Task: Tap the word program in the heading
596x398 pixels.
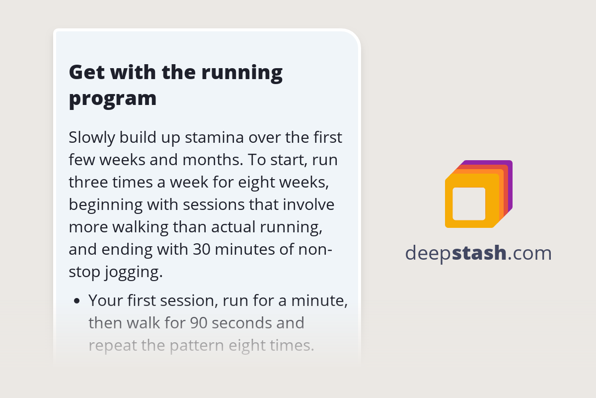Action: click(x=113, y=99)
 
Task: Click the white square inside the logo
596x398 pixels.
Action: click(x=469, y=203)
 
